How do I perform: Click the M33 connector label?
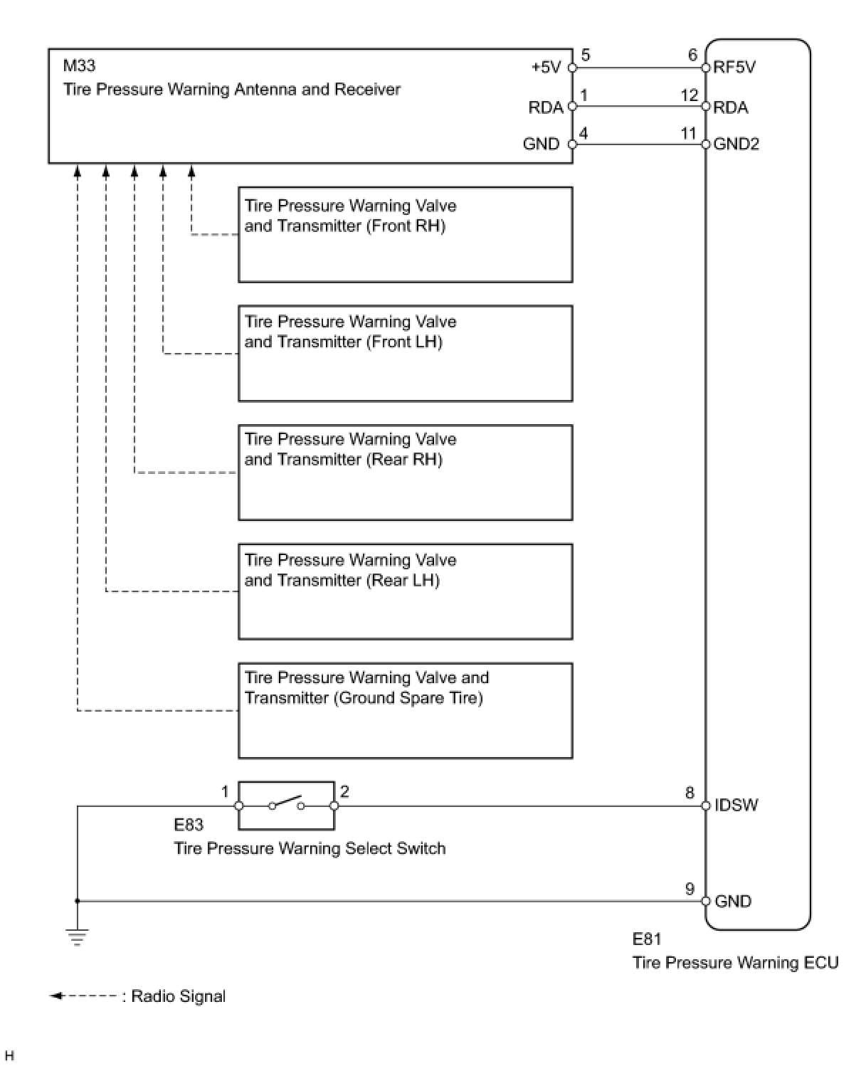(79, 66)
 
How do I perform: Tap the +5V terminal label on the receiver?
(546, 68)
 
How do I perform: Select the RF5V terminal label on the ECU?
(734, 68)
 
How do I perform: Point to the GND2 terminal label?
(736, 144)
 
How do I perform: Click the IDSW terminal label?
(736, 806)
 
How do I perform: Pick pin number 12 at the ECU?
(690, 95)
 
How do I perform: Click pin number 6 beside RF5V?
(692, 56)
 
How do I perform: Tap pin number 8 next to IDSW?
(690, 793)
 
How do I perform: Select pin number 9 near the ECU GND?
(690, 889)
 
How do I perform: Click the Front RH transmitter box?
(405, 235)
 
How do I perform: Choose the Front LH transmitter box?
(405, 354)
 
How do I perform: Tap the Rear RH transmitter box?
(405, 473)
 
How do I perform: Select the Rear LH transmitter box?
(405, 591)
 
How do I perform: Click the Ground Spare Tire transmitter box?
(405, 710)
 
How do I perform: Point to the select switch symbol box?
(286, 806)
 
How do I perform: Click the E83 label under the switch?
(189, 825)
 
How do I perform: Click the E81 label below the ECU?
(647, 939)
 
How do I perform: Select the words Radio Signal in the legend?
(179, 996)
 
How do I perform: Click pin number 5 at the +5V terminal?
(586, 56)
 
